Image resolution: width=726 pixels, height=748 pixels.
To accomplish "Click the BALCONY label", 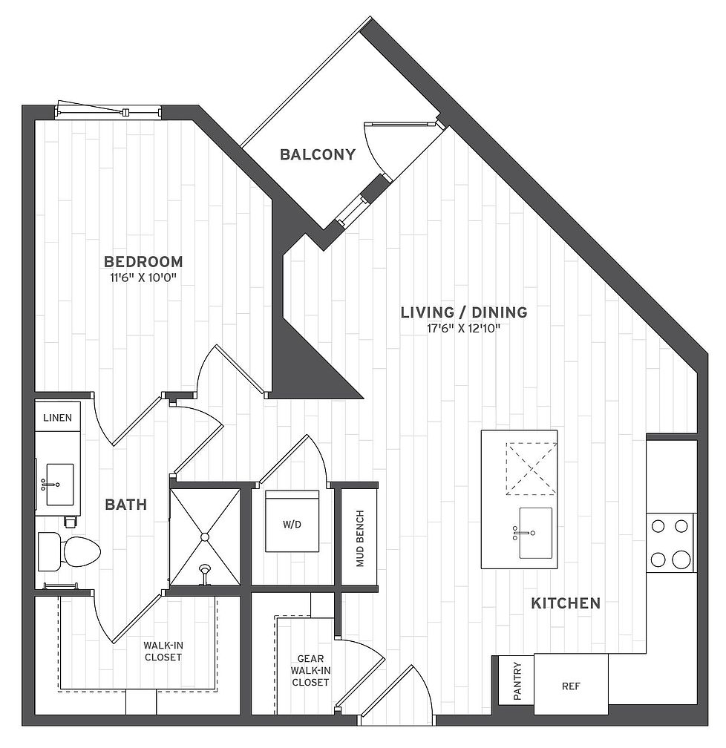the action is click(x=318, y=154).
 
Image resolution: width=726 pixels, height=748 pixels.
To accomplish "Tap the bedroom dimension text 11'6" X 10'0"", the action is click(x=143, y=278).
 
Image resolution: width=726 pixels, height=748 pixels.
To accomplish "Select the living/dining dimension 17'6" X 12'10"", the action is click(x=463, y=328).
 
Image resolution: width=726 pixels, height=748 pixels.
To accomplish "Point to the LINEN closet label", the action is click(x=57, y=417).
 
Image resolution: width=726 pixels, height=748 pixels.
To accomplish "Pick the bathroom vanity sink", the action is click(x=59, y=484).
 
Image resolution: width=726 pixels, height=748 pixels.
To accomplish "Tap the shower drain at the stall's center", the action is click(x=205, y=537).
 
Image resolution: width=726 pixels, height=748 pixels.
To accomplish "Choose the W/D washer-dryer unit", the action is click(x=292, y=521).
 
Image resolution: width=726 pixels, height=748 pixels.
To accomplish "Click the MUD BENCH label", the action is click(x=360, y=539).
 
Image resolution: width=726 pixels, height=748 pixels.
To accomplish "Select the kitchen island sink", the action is click(x=535, y=533).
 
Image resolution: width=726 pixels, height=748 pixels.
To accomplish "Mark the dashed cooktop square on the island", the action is click(x=532, y=469).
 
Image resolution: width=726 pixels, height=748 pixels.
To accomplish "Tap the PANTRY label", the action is click(x=517, y=681).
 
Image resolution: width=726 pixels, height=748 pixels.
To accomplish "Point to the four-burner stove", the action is click(x=670, y=543).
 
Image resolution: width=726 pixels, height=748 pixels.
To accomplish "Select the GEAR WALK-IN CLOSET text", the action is click(x=310, y=670).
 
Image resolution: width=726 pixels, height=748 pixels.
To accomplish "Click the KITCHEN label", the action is click(x=566, y=603).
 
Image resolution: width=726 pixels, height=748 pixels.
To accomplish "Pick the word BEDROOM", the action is click(x=143, y=261).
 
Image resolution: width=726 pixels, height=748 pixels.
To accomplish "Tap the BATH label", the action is click(x=126, y=505).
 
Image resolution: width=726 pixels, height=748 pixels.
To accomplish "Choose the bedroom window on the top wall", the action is click(x=108, y=110).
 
